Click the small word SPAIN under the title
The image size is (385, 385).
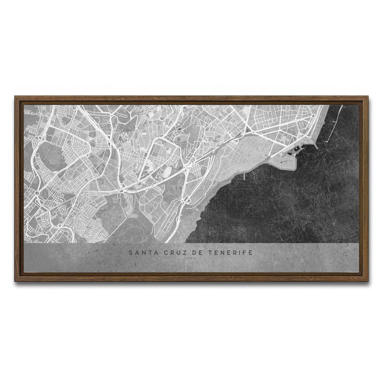(x=191, y=259)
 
